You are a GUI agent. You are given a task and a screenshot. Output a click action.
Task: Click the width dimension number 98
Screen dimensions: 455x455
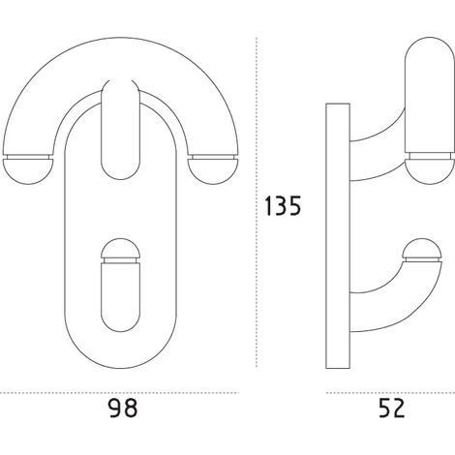pos(122,409)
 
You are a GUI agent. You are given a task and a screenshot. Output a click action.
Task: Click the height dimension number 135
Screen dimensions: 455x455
pos(283,205)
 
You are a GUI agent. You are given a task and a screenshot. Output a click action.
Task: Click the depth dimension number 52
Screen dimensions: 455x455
pos(391,409)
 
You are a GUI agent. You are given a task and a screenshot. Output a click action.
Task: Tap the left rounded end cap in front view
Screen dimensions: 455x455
pos(28,171)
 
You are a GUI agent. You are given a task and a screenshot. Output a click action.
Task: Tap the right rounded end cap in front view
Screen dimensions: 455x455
pos(213,171)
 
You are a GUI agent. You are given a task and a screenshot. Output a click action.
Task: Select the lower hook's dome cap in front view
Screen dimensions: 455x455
pos(120,247)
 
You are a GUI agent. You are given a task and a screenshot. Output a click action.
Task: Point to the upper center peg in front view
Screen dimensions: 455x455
pos(120,129)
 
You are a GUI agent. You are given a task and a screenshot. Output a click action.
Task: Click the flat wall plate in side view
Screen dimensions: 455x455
pos(338,236)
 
